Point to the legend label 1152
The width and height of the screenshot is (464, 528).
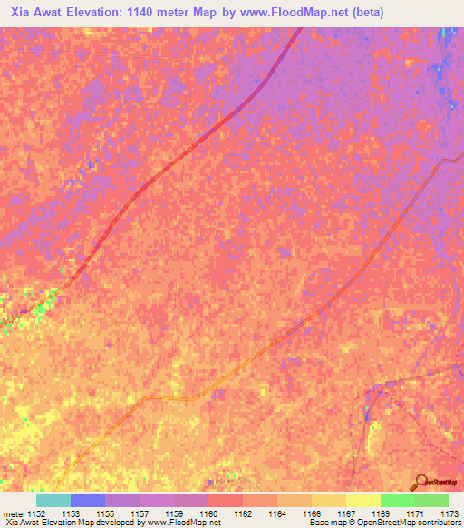pos(35,513)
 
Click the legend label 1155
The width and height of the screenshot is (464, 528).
pos(106,513)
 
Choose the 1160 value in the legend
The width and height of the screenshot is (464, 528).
pos(208,513)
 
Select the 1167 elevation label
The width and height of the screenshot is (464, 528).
pos(346,513)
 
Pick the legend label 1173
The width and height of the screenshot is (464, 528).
pos(449,513)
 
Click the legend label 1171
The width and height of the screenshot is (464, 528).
pos(415,513)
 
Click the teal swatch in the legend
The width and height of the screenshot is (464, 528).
pos(53,500)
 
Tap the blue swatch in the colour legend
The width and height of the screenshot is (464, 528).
pos(88,500)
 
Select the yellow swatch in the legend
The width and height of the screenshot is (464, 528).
pos(362,500)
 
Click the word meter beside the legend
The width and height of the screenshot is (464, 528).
pos(12,513)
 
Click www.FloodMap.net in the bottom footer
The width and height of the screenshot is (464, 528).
pos(186,523)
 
